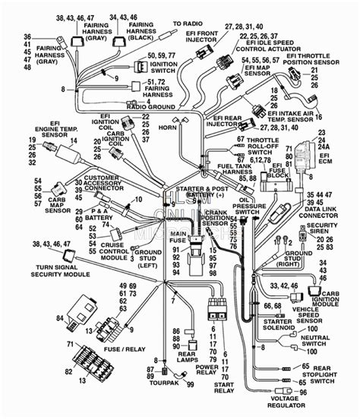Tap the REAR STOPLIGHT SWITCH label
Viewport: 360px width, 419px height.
331,376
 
